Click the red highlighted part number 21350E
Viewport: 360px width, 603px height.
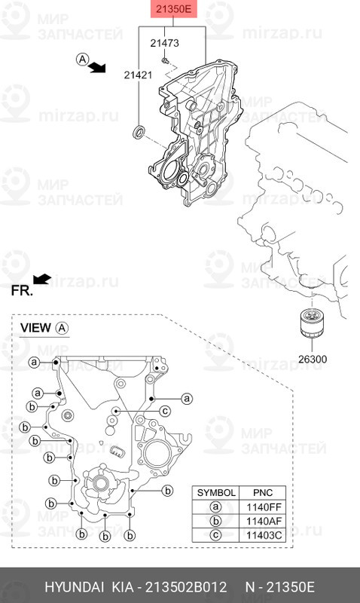tap(173, 8)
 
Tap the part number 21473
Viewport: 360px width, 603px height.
tap(164, 43)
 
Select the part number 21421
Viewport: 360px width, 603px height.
tap(138, 75)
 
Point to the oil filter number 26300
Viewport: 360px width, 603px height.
tap(313, 360)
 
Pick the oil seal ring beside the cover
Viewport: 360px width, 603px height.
tap(139, 131)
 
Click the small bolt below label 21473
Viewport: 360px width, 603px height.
tap(165, 60)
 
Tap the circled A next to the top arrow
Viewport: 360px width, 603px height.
tap(82, 60)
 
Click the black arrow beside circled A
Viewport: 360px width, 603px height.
tap(97, 68)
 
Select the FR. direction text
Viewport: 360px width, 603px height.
tap(22, 291)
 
